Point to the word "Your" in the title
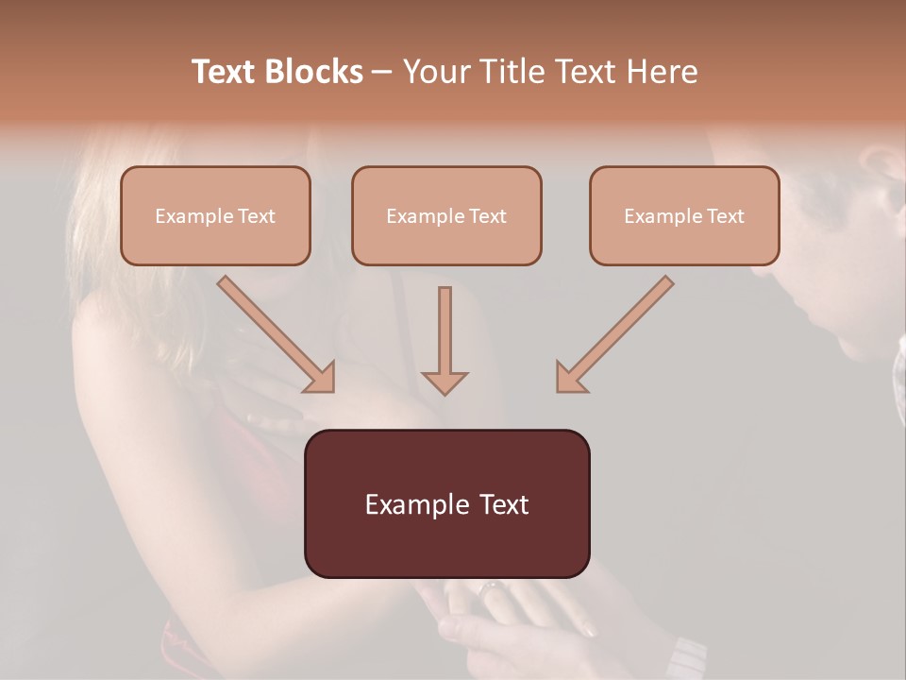438,72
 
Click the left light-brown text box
215,215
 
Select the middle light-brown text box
446,215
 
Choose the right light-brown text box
684,215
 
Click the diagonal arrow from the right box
618,331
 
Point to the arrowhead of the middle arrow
445,381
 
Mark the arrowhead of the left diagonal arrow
320,377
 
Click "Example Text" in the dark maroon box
446,503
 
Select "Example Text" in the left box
215,215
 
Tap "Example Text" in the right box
684,215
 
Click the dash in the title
382,72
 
